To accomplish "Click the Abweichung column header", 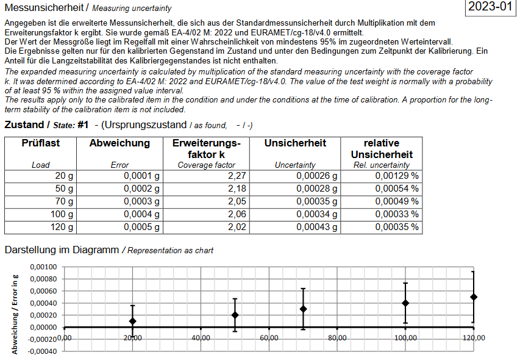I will coord(119,143).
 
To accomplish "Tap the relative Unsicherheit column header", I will coord(382,149).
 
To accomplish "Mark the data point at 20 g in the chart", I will coord(133,321).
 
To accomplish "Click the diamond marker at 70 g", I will coord(303,309).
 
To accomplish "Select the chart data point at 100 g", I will coord(405,303).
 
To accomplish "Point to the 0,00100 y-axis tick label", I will coord(43,267).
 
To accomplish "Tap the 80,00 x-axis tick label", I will coord(337,338).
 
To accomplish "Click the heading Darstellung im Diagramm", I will coord(62,250).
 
